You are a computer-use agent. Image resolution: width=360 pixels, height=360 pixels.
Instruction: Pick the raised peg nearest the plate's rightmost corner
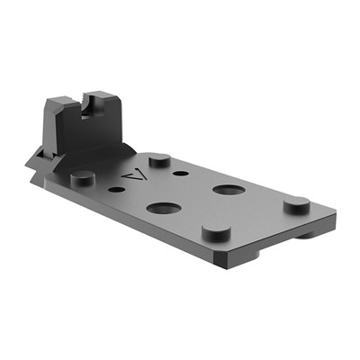pyautogui.click(x=297, y=204)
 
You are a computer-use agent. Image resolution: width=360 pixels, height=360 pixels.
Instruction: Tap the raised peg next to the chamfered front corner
pyautogui.click(x=214, y=231)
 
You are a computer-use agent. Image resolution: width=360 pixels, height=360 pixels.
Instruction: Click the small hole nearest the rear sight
pyautogui.click(x=116, y=190)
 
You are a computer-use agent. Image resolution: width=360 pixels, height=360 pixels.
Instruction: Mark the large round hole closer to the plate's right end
pyautogui.click(x=225, y=190)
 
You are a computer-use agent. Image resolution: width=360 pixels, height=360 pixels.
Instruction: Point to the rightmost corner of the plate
pyautogui.click(x=335, y=217)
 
